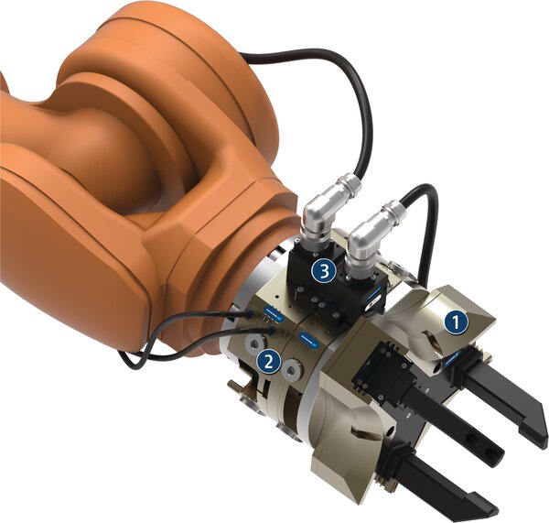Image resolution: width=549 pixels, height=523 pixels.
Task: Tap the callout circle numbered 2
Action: (267, 360)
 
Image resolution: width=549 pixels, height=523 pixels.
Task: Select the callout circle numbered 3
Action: (322, 270)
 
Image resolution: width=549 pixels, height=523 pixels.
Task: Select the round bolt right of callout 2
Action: (290, 370)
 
